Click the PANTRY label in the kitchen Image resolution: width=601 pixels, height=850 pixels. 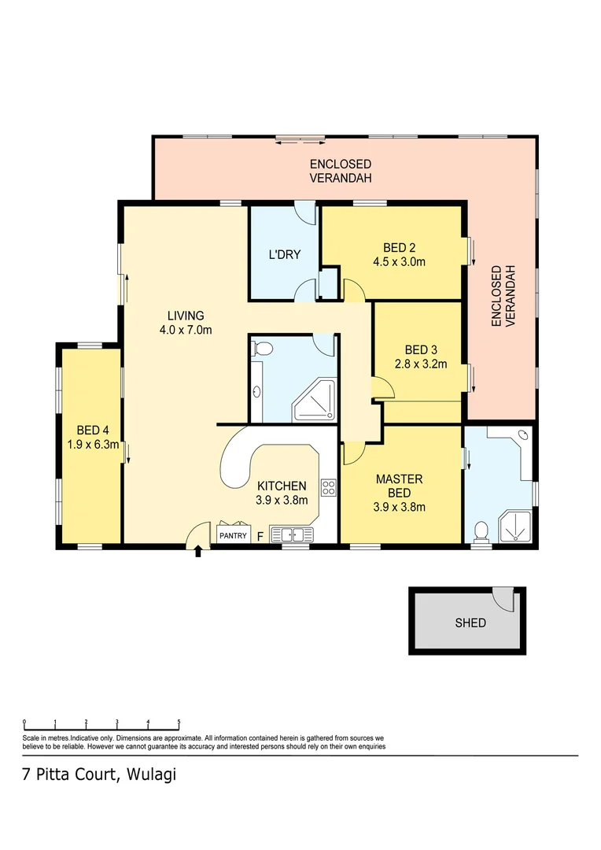pos(233,536)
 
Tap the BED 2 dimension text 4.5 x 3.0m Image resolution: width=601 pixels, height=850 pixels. pos(399,262)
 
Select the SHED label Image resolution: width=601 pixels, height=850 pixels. pos(470,623)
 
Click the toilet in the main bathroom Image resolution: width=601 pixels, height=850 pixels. pos(264,349)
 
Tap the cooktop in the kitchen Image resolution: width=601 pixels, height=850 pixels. pos(328,488)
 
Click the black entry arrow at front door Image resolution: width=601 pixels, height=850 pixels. pos(197,552)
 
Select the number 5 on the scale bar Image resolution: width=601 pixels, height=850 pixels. pos(179,721)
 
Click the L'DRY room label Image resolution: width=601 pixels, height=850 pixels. pos(284,254)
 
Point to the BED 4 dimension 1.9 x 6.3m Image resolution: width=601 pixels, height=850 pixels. pos(93,444)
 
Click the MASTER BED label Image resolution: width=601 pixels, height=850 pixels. pos(399,486)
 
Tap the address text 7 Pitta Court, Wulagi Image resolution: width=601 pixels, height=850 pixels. pos(98,774)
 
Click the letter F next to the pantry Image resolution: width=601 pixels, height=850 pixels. pos(259,537)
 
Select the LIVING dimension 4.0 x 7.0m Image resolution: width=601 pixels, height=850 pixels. pos(186,330)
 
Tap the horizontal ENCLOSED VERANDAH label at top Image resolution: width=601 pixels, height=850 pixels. pos(340,171)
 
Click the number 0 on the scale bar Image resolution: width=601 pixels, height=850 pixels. pos(24,721)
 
